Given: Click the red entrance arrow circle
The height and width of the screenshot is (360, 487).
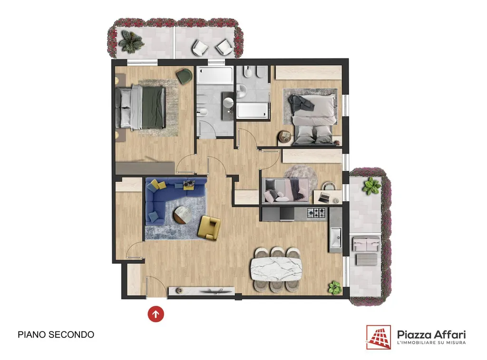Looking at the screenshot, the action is (156, 314).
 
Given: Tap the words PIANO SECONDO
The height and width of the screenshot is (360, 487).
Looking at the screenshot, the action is (56, 334).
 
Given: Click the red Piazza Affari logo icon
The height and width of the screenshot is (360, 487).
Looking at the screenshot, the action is (378, 337).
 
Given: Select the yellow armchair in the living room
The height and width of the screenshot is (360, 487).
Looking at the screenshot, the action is (209, 228).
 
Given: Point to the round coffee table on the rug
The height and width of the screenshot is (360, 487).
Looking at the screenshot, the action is (184, 215).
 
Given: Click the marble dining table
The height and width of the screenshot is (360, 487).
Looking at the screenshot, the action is (276, 269).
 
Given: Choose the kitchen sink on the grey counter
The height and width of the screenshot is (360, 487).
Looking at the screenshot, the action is (336, 238).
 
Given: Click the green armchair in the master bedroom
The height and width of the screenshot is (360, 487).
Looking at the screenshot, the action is (185, 76).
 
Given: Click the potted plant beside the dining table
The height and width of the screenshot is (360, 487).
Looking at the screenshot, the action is (335, 288).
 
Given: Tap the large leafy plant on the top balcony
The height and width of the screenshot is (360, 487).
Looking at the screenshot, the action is (132, 41).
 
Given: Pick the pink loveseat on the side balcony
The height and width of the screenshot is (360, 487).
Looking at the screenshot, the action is (366, 243).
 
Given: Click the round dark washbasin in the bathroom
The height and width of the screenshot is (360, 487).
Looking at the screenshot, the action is (229, 102).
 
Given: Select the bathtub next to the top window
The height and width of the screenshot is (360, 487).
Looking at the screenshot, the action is (214, 75).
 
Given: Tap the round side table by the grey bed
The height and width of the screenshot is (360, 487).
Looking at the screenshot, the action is (284, 136).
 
